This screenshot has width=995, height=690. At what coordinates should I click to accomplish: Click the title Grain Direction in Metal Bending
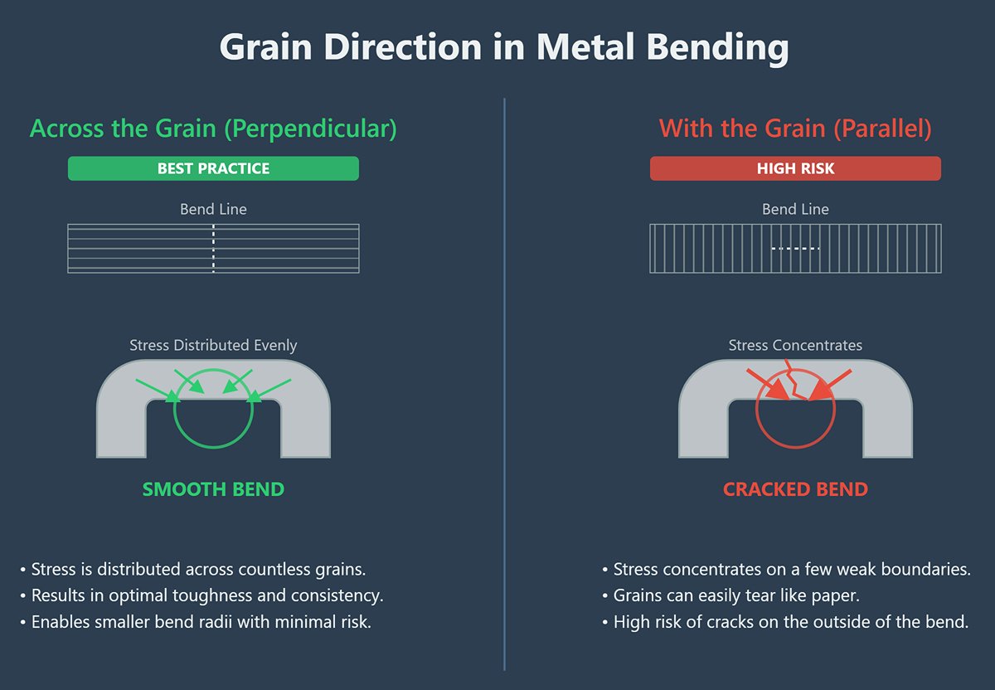pyautogui.click(x=504, y=48)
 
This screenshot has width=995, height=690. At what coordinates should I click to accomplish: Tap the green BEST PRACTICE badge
pyautogui.click(x=213, y=168)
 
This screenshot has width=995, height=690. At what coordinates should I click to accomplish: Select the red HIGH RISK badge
pyautogui.click(x=795, y=168)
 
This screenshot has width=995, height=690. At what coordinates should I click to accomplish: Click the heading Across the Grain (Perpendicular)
pyautogui.click(x=213, y=129)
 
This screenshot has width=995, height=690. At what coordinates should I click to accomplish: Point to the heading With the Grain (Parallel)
pyautogui.click(x=795, y=129)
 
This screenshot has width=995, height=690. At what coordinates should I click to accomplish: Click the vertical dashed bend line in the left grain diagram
pyautogui.click(x=214, y=248)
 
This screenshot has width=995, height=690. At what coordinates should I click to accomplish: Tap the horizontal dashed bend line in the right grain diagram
pyautogui.click(x=795, y=248)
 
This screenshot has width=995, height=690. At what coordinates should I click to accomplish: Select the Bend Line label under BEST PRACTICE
pyautogui.click(x=213, y=209)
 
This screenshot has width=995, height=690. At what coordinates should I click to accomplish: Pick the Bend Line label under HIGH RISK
pyautogui.click(x=795, y=209)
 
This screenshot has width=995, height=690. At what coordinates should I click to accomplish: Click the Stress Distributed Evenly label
pyautogui.click(x=213, y=345)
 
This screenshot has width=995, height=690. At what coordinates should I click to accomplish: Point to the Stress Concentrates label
pyautogui.click(x=795, y=345)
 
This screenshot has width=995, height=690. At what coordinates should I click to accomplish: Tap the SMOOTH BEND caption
pyautogui.click(x=213, y=489)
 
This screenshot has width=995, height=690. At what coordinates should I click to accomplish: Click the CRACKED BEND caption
pyautogui.click(x=795, y=489)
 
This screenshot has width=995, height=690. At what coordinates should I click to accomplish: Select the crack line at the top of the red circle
pyautogui.click(x=796, y=386)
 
